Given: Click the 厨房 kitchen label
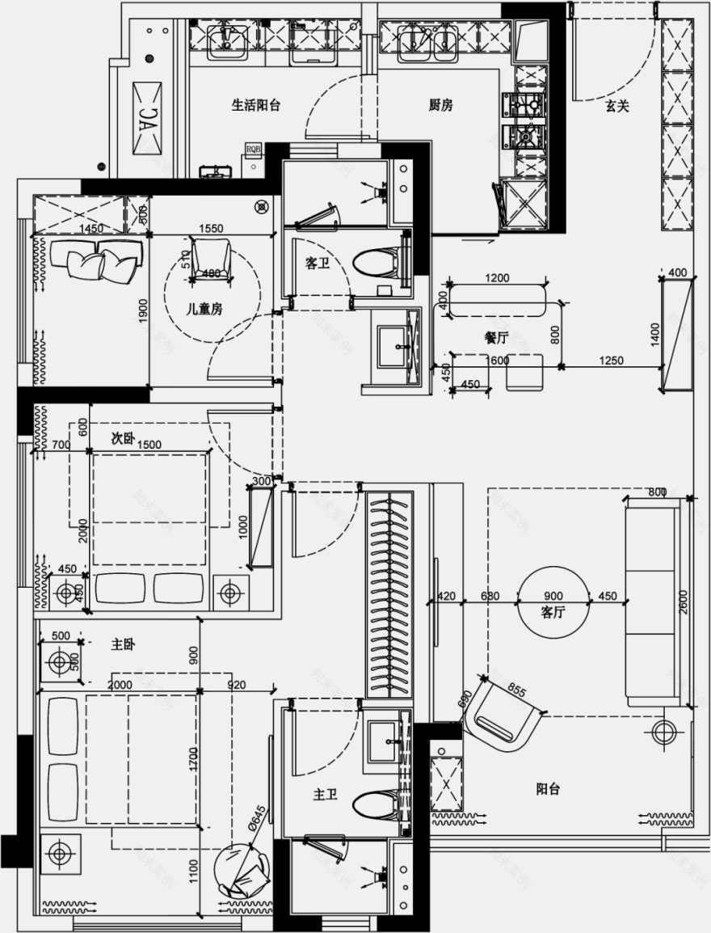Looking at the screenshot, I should pyautogui.click(x=440, y=105).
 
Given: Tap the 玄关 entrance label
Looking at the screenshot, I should pyautogui.click(x=617, y=106).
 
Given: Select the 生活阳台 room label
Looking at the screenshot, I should pyautogui.click(x=256, y=105).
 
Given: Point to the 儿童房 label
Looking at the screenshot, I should pyautogui.click(x=204, y=309).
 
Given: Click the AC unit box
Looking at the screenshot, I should pyautogui.click(x=148, y=120).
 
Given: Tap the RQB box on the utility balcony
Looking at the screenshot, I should pyautogui.click(x=254, y=149).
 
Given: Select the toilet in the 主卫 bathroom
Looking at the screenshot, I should pyautogui.click(x=378, y=805).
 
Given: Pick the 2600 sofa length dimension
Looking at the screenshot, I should pyautogui.click(x=684, y=602).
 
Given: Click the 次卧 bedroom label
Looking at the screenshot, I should pyautogui.click(x=122, y=437).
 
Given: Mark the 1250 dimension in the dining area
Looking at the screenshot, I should pyautogui.click(x=612, y=361).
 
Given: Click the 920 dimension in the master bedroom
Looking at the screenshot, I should pyautogui.click(x=237, y=685).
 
